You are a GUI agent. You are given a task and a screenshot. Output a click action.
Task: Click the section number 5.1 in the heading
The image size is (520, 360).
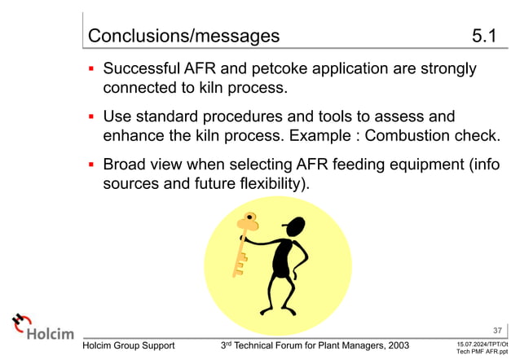(x=489, y=36)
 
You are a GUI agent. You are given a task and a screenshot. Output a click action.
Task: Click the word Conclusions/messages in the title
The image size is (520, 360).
(x=183, y=36)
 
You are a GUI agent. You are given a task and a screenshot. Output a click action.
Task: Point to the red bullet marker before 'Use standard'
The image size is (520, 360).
(x=92, y=116)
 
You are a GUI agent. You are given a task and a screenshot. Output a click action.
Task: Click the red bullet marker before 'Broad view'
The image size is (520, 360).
(x=92, y=164)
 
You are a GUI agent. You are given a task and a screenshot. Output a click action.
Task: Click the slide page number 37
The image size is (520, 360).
(x=498, y=330)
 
